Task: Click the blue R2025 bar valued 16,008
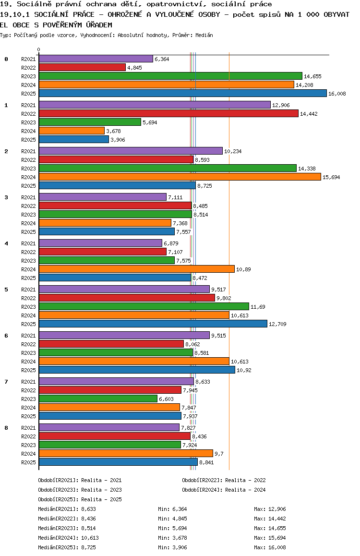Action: point(182,94)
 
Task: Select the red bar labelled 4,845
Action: point(82,68)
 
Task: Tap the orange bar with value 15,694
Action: point(180,177)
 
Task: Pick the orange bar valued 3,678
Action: point(72,131)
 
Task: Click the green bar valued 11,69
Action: point(144,307)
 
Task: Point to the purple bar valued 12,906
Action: point(155,105)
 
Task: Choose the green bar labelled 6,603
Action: point(98,399)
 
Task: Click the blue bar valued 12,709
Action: point(153,324)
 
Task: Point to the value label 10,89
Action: point(243,269)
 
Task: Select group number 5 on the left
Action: point(6,290)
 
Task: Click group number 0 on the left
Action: point(6,59)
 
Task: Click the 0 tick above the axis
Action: point(39,49)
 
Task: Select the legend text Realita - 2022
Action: point(245,480)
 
